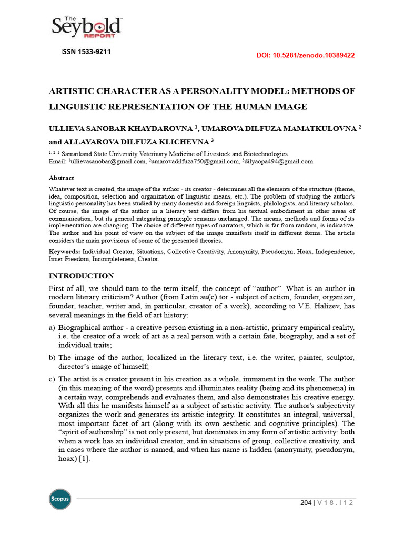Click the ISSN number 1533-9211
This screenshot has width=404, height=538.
tap(86, 52)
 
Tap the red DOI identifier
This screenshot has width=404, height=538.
tap(305, 55)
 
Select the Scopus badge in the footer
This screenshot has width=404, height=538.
tap(60, 499)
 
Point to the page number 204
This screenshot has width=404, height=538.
tap(306, 503)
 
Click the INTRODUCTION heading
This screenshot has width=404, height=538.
tap(81, 276)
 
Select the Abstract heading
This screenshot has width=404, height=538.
tap(62, 178)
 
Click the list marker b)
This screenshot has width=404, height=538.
tap(52, 358)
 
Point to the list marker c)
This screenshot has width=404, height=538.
tap(52, 379)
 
